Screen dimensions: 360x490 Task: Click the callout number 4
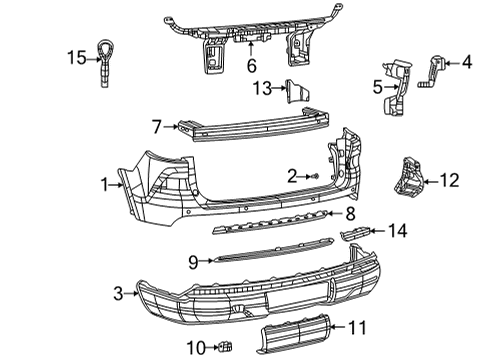point(466,62)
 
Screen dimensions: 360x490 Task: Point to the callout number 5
point(378,87)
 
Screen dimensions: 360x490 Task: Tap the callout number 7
point(157,127)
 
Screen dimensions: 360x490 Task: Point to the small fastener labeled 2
point(315,177)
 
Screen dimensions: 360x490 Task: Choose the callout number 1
point(104,183)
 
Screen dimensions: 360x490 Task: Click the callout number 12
point(449,181)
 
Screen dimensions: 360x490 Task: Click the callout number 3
point(119,293)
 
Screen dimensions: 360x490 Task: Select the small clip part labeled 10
point(225,346)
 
